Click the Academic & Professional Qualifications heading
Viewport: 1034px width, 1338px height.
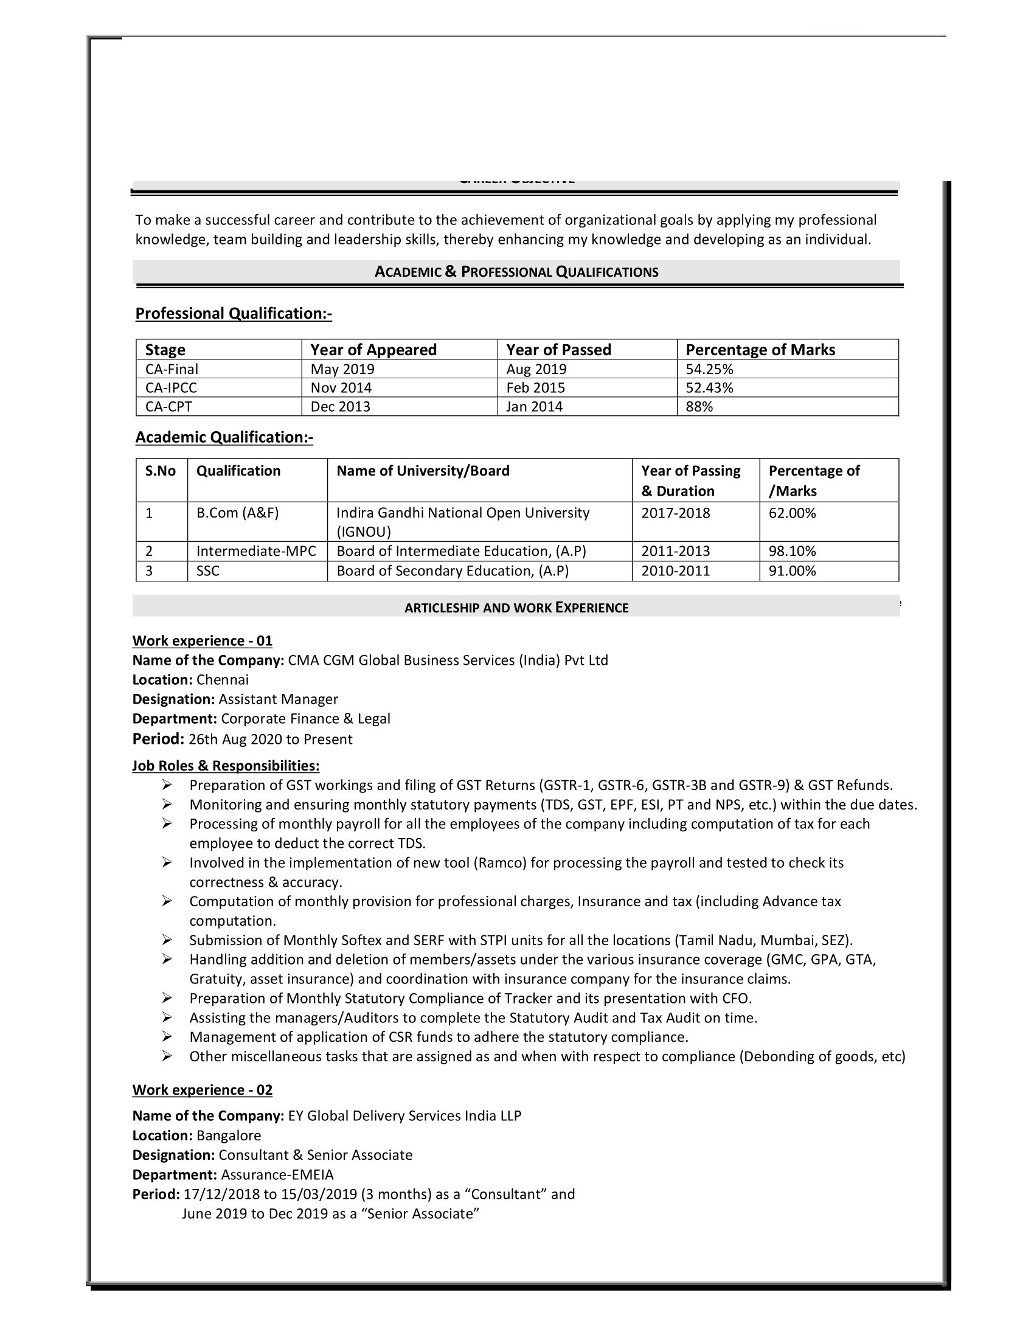point(516,272)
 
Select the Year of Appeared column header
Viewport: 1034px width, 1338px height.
point(373,350)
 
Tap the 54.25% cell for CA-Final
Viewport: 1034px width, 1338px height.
point(709,369)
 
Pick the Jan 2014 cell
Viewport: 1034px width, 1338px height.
point(534,407)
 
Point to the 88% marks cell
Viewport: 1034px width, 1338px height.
point(699,407)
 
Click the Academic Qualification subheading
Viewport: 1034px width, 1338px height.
point(224,437)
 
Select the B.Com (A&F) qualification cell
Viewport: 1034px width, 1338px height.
point(237,513)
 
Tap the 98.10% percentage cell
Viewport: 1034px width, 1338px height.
point(792,552)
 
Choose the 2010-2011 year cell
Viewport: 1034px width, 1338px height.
point(675,571)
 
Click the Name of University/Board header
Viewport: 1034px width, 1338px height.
point(423,471)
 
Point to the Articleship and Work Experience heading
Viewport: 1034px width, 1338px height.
point(516,608)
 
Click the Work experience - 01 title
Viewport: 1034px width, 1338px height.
point(202,641)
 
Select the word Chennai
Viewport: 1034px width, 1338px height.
point(223,680)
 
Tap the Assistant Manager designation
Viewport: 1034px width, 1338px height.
point(278,699)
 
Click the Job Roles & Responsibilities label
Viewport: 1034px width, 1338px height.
point(226,766)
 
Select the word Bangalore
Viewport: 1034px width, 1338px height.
point(229,1136)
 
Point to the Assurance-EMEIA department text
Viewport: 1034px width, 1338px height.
point(277,1175)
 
